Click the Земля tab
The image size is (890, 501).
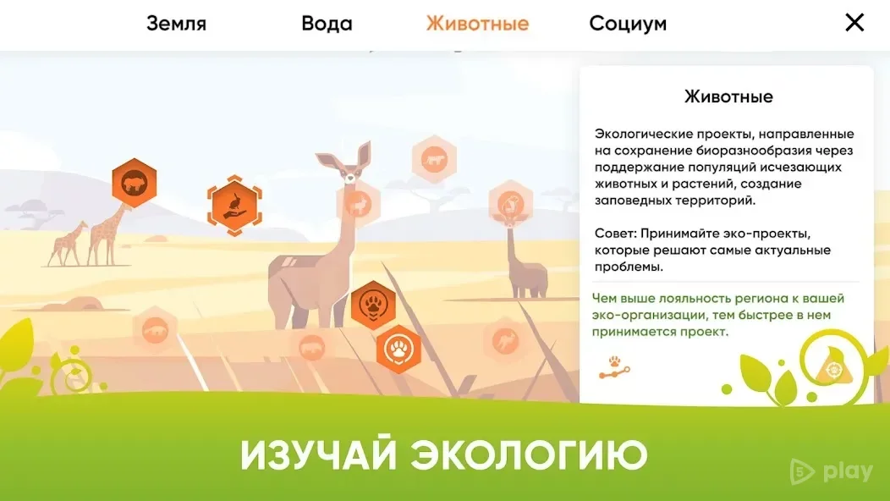[176, 24]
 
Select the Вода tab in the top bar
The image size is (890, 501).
[327, 24]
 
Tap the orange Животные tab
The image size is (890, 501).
[477, 24]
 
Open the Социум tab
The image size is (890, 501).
[628, 24]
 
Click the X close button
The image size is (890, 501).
[854, 23]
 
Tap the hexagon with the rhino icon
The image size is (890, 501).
[134, 182]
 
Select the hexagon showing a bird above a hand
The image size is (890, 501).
[234, 206]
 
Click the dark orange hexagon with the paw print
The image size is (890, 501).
[373, 305]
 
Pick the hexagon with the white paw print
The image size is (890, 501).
[399, 350]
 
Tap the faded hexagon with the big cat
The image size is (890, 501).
[434, 160]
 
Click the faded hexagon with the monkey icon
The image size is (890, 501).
[511, 203]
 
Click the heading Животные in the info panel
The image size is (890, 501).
[728, 96]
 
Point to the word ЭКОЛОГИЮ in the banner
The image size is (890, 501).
[529, 455]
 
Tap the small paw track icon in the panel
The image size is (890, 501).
[614, 367]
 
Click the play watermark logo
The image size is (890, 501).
[832, 471]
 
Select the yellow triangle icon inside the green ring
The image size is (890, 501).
[832, 367]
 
